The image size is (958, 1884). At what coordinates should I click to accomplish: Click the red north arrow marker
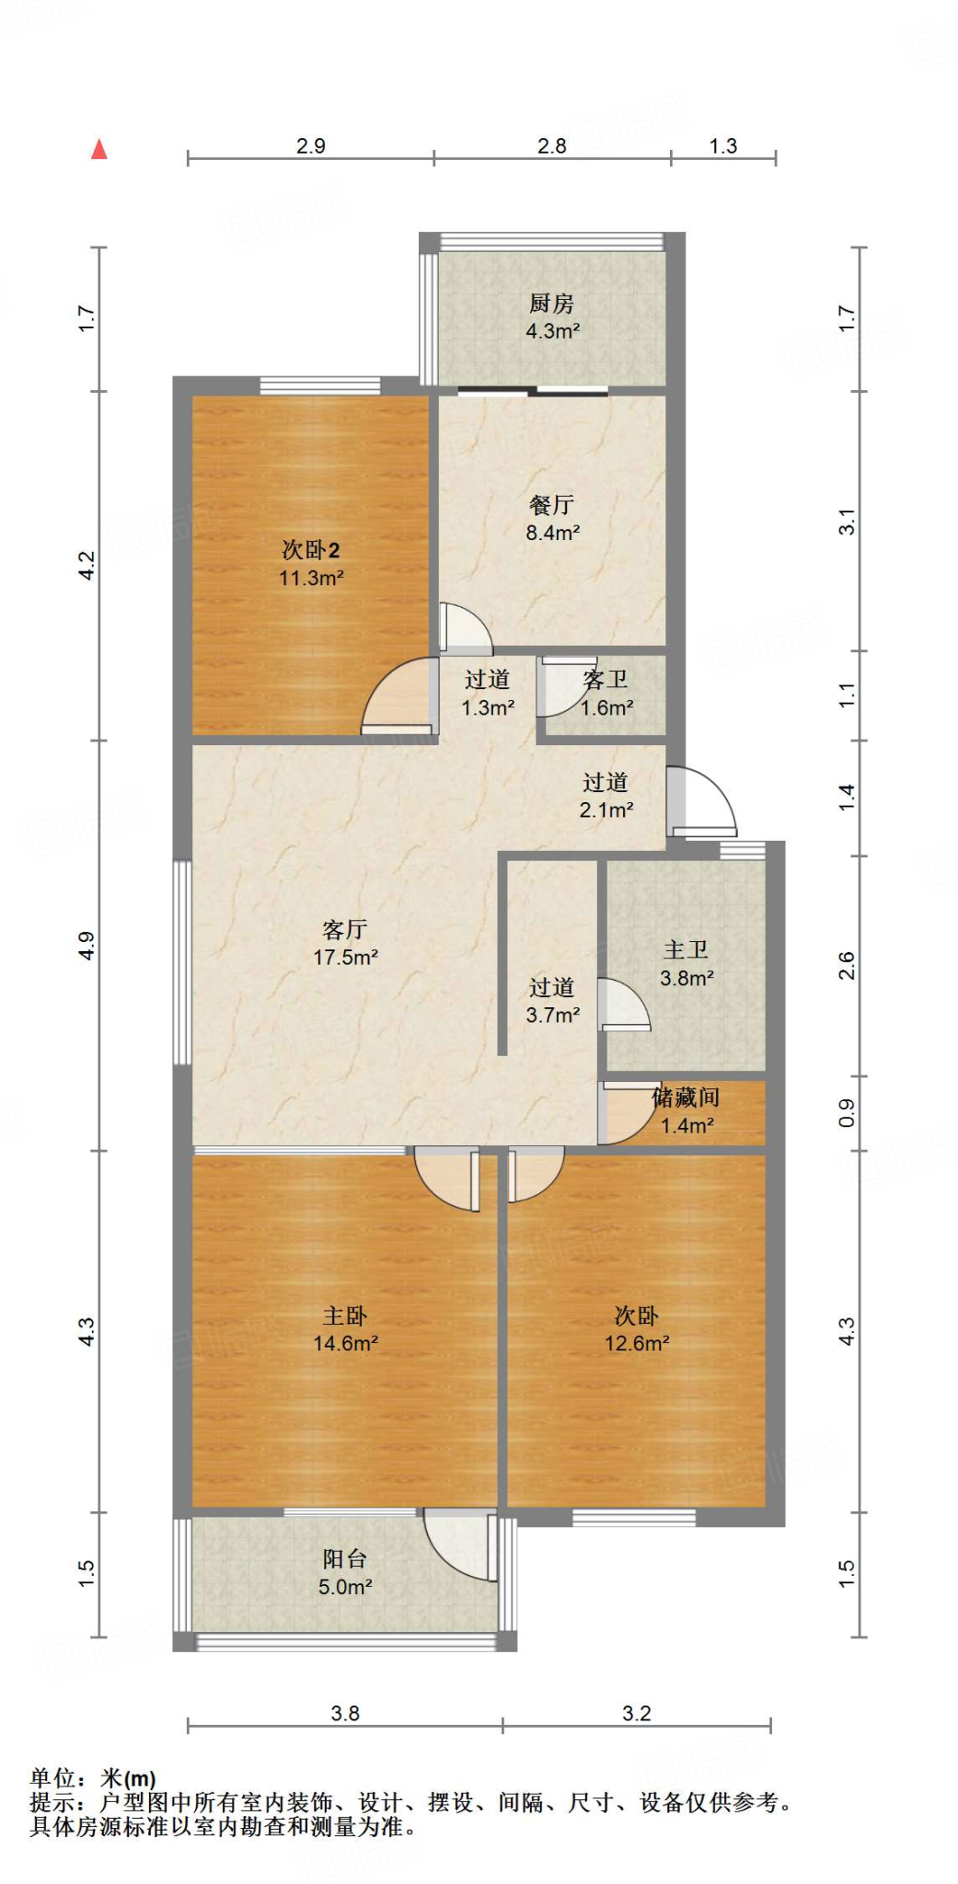[x=99, y=149]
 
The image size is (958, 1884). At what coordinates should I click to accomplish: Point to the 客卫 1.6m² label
[x=606, y=694]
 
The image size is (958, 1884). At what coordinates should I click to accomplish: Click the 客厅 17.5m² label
[x=345, y=943]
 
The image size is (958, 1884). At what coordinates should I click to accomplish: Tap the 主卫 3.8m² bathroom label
[x=687, y=963]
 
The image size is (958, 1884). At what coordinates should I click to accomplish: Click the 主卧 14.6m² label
[x=345, y=1329]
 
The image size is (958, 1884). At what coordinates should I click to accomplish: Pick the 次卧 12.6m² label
[x=636, y=1329]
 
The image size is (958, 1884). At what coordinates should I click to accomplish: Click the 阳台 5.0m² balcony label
[x=345, y=1572]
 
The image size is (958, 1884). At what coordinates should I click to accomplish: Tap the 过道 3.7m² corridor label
[x=552, y=1001]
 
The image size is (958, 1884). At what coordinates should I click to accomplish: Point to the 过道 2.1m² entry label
[x=606, y=796]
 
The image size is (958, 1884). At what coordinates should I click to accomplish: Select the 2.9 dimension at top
[x=311, y=145]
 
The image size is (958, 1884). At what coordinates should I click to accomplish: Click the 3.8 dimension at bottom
[x=345, y=1713]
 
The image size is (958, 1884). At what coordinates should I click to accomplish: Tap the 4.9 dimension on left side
[x=87, y=946]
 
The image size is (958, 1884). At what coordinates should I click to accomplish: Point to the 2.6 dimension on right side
[x=847, y=966]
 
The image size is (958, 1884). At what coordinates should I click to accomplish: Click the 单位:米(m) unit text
[x=93, y=1778]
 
